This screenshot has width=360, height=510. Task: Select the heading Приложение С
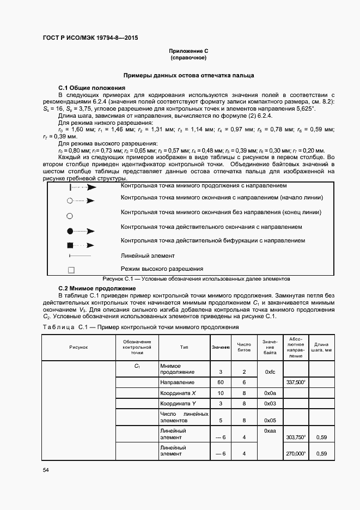point(188,51)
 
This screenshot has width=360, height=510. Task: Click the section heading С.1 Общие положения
point(91,88)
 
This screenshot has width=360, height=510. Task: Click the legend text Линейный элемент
point(148,255)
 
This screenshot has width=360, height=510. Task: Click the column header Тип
point(184,347)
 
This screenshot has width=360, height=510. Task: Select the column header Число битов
point(244,347)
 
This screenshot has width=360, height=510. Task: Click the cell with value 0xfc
point(270,372)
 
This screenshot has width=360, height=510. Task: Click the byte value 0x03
point(270,403)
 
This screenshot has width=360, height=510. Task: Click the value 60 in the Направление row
point(221,382)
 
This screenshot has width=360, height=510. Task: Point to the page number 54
point(46,470)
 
